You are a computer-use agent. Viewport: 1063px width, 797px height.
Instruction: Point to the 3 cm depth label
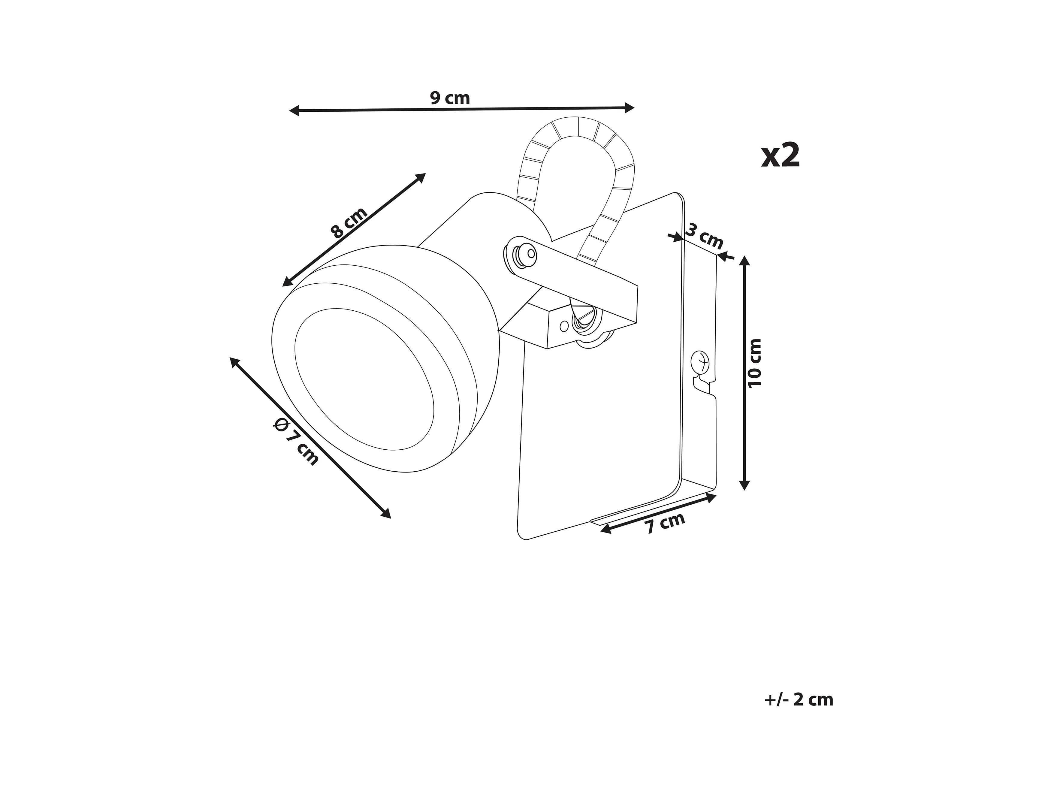click(x=704, y=235)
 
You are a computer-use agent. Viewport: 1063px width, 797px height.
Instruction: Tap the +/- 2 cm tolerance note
click(x=799, y=699)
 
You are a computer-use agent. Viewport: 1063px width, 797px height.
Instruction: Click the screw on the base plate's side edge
click(x=700, y=361)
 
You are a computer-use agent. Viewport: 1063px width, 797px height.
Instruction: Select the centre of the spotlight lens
click(x=364, y=379)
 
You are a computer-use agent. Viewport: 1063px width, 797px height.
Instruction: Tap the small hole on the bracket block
click(x=564, y=327)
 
